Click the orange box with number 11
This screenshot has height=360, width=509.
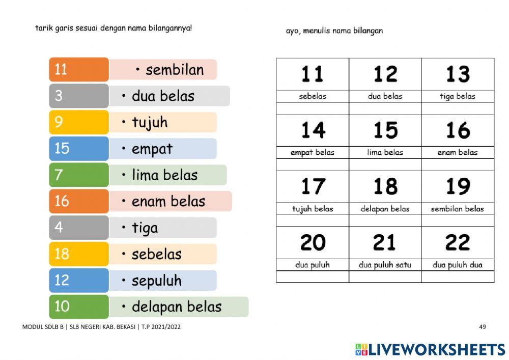point(79,69)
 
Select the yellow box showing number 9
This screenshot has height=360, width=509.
point(79,122)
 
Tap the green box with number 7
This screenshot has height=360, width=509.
point(79,175)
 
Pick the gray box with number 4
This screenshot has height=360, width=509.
point(79,228)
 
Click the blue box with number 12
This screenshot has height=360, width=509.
point(79,280)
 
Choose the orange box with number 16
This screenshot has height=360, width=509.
point(79,201)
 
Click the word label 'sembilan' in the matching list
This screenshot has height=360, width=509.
point(175,70)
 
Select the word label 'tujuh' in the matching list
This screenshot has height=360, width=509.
point(150,123)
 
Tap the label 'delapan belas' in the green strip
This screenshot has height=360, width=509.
point(177,307)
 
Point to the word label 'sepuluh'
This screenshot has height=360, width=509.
point(156,281)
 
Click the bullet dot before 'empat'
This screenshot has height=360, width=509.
point(124,149)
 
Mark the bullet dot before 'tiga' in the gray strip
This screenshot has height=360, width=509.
point(124,228)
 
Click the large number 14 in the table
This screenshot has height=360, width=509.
point(313,130)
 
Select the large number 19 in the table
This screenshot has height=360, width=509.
point(458,186)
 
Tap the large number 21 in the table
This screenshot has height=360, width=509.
point(385,242)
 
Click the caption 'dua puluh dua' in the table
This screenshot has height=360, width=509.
point(458,265)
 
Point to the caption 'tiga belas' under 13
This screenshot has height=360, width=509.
point(458,96)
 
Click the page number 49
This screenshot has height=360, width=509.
point(483,327)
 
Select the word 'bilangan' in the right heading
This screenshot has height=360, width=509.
point(365,31)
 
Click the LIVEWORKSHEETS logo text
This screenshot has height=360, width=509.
point(436,349)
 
